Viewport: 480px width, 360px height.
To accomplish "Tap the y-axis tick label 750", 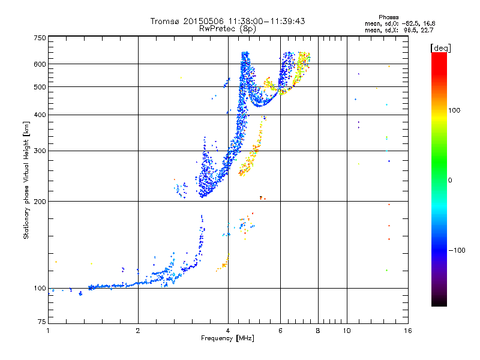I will (x=40, y=38).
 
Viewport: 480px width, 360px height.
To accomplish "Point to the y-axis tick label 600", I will (x=40, y=64).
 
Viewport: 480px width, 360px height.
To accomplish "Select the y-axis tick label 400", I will (x=40, y=115).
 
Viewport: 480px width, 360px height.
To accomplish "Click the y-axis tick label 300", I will (x=40, y=151).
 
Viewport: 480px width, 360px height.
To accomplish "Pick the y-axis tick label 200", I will (x=40, y=201).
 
